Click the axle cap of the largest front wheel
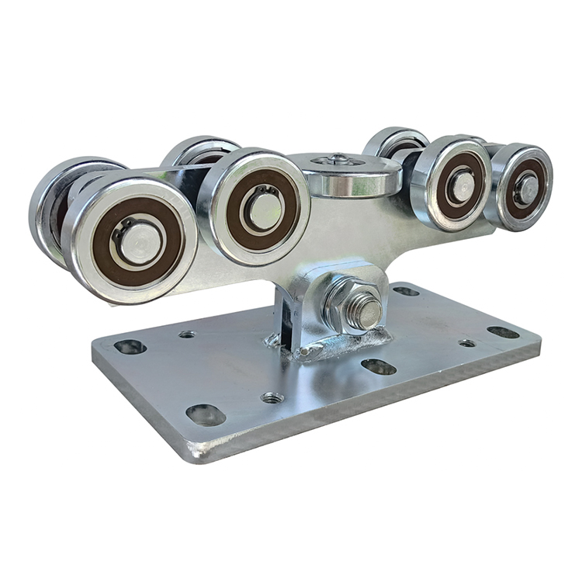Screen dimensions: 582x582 [x=140, y=241]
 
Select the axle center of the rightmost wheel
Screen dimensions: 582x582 [x=527, y=189]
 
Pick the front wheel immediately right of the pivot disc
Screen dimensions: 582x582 [x=450, y=183]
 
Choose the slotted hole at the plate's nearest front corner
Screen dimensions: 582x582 [x=206, y=414]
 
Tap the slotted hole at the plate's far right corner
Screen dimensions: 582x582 [x=504, y=332]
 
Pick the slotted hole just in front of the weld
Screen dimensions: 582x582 [x=379, y=366]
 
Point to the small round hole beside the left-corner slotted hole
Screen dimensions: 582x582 [x=186, y=334]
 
